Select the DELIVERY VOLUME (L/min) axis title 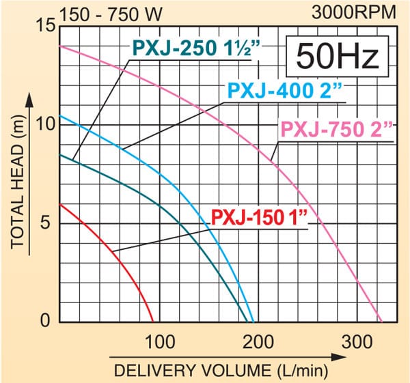pyautogui.click(x=221, y=372)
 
